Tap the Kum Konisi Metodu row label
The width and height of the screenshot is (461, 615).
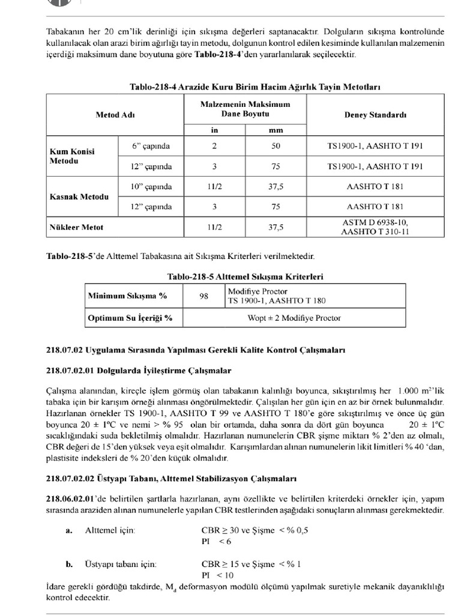[71, 157]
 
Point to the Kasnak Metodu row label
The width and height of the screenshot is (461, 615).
[78, 197]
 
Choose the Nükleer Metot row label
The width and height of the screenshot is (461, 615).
[76, 227]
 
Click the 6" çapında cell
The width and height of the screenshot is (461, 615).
[151, 146]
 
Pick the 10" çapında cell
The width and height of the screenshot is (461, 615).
[152, 187]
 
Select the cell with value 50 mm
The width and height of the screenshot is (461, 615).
[276, 146]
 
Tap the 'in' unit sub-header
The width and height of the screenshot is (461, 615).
[214, 129]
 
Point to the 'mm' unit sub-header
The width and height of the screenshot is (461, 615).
[276, 129]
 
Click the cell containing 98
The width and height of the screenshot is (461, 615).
[204, 295]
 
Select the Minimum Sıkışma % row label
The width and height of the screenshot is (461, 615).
[127, 295]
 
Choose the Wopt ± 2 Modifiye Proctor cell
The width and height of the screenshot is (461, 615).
[294, 317]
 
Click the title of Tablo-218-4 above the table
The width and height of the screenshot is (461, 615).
[255, 87]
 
